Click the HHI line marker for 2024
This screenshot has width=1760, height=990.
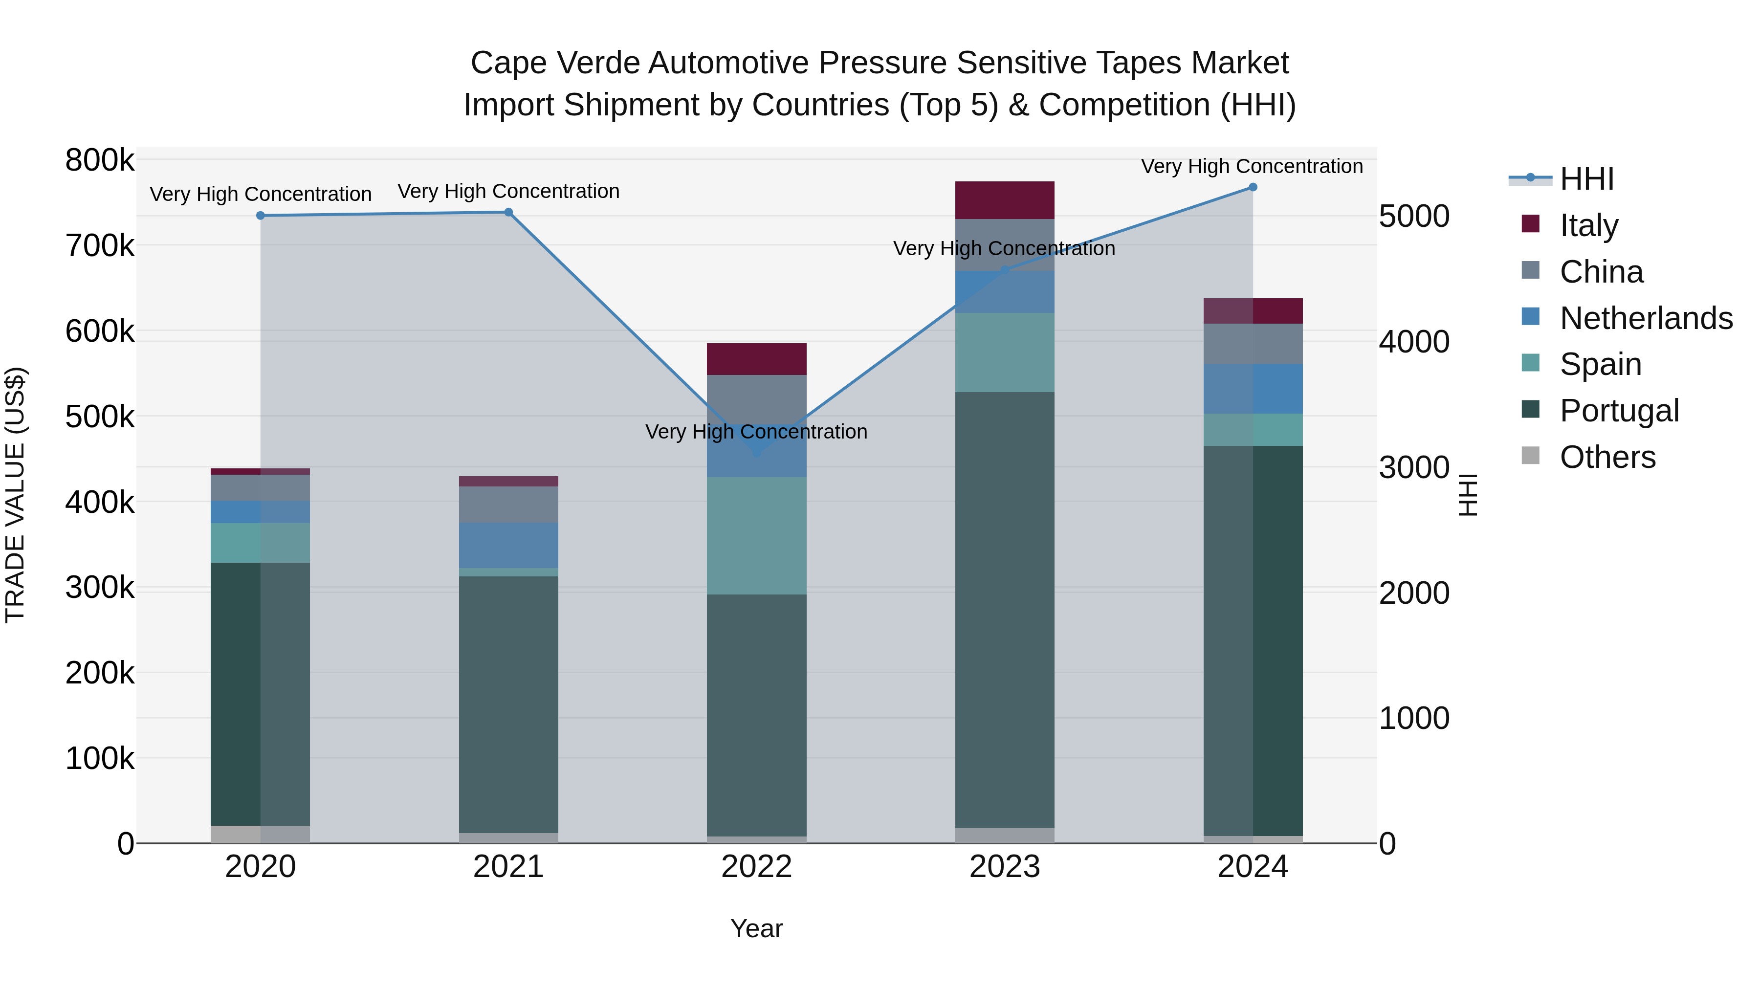coord(1253,187)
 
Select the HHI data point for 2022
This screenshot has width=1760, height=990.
coord(756,452)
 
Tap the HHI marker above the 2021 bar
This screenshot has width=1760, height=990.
coord(508,213)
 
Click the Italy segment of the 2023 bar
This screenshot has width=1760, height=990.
coord(1004,200)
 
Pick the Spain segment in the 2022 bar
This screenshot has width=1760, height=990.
coord(756,536)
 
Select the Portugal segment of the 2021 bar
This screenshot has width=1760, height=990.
coord(508,704)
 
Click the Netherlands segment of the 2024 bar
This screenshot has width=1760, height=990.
coord(1253,389)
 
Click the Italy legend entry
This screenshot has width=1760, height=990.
coord(1588,225)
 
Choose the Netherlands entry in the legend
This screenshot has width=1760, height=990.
coord(1645,318)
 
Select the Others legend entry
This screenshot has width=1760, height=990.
coord(1607,457)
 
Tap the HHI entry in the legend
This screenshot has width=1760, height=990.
coord(1586,179)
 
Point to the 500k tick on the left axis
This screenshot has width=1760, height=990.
coord(100,417)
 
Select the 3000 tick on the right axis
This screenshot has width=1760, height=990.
coord(1413,468)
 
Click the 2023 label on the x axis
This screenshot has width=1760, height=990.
coord(1004,867)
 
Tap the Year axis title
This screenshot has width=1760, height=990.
coord(756,928)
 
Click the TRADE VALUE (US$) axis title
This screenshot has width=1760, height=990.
coord(15,495)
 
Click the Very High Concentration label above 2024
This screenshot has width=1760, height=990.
coord(1252,166)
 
